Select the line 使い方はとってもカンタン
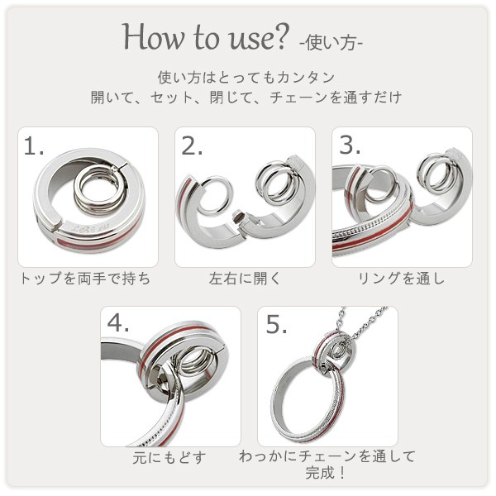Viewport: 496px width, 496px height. (246, 77)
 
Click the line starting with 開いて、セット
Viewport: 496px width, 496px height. (246, 97)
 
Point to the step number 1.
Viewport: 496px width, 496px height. (33, 147)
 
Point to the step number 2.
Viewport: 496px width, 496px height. (192, 147)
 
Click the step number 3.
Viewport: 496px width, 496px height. (350, 145)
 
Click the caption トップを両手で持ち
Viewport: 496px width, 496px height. (85, 279)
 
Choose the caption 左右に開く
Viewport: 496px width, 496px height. (245, 279)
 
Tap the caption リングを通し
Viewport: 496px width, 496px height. (402, 279)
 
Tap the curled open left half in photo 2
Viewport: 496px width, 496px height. (208, 207)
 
